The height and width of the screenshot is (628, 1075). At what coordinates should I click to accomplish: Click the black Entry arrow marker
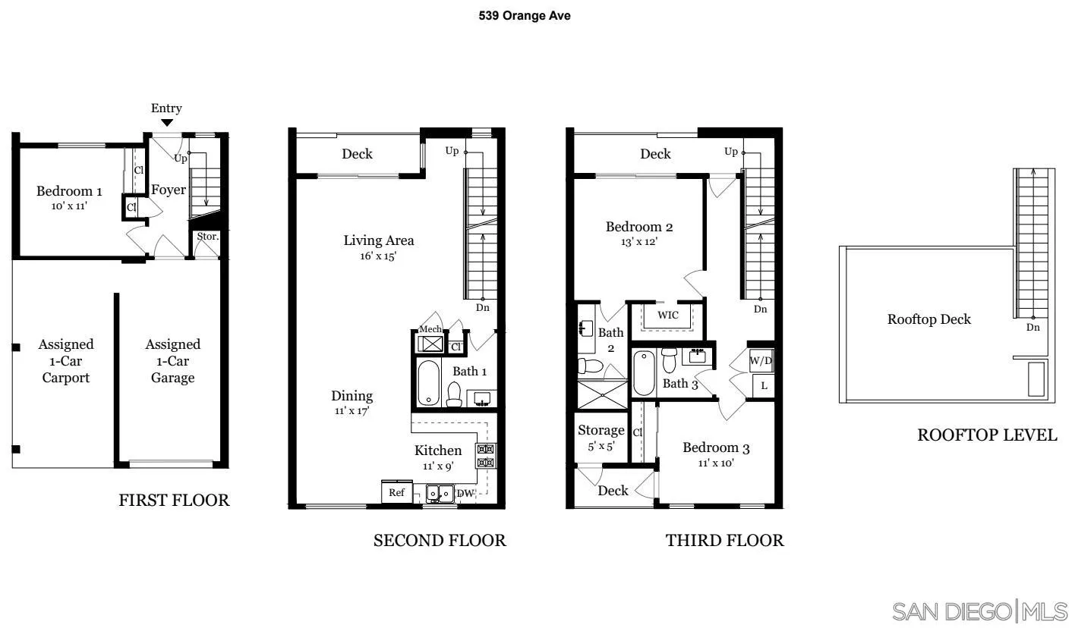pyautogui.click(x=166, y=123)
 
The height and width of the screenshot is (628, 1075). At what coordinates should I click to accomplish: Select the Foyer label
pyautogui.click(x=168, y=190)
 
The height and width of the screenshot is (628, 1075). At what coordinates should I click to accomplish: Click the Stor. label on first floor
pyautogui.click(x=207, y=237)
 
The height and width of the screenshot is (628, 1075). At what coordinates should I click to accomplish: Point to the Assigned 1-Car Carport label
pyautogui.click(x=65, y=361)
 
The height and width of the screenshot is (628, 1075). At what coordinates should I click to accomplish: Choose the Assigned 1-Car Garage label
pyautogui.click(x=173, y=361)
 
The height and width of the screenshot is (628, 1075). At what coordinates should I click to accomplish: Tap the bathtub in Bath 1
pyautogui.click(x=427, y=383)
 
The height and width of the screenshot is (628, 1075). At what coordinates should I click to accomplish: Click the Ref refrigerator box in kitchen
pyautogui.click(x=396, y=492)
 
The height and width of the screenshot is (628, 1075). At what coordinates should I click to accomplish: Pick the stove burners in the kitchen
pyautogui.click(x=485, y=456)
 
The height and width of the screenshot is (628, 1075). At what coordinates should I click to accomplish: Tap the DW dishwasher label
pyautogui.click(x=465, y=494)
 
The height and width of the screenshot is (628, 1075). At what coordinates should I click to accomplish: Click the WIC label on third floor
pyautogui.click(x=668, y=315)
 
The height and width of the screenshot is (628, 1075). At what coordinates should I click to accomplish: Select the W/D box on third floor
pyautogui.click(x=761, y=360)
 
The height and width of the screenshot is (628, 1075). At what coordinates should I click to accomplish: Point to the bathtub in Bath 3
pyautogui.click(x=643, y=372)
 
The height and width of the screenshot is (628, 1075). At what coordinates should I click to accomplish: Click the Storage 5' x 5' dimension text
pyautogui.click(x=601, y=447)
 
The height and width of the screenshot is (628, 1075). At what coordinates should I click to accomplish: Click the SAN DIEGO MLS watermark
pyautogui.click(x=980, y=611)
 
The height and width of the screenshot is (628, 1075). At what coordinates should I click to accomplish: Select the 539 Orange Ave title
pyautogui.click(x=525, y=15)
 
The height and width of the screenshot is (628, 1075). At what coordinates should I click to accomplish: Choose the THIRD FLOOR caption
pyautogui.click(x=724, y=540)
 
